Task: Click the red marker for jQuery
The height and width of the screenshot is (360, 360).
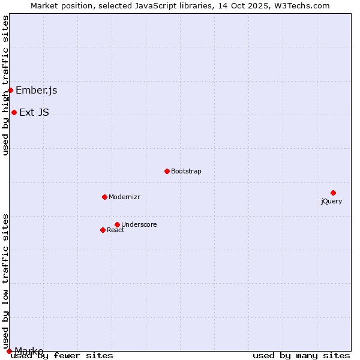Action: point(333,193)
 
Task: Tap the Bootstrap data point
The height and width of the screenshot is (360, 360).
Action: point(167,171)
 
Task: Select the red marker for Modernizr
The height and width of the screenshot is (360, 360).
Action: point(104,197)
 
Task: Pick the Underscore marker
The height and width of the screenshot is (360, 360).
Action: point(117,224)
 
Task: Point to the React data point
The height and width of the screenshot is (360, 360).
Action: point(103,230)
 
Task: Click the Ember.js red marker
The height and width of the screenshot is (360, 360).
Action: point(10,90)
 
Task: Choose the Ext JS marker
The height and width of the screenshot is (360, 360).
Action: point(14,112)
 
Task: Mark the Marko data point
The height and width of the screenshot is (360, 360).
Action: point(9,351)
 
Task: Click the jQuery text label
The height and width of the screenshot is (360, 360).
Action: point(331,201)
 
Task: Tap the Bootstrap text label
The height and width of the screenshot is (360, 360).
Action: point(186,171)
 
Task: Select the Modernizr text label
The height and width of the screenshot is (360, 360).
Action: point(124,197)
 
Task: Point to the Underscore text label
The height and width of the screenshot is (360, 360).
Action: point(139,224)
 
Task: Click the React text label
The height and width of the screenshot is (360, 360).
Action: point(116,230)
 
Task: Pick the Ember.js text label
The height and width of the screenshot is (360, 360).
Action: point(37,91)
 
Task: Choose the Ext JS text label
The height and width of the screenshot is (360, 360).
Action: point(34,112)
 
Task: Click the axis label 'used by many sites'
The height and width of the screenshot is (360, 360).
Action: point(301,356)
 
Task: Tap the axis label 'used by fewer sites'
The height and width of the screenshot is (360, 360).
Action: point(62,356)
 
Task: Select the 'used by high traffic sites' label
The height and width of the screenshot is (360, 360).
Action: point(5,85)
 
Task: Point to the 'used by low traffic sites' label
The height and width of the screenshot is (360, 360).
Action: point(5,281)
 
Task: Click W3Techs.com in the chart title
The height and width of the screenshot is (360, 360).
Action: point(302,5)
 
